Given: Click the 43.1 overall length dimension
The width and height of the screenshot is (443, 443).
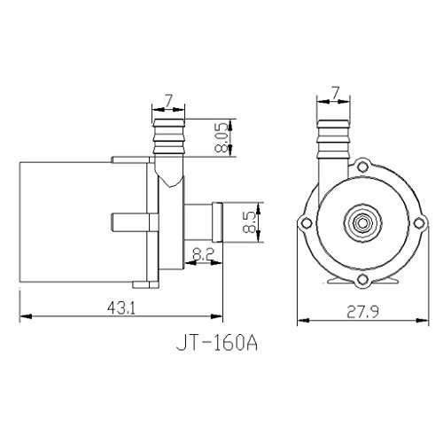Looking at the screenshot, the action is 121,309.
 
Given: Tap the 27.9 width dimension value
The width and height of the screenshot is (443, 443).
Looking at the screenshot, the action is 362,312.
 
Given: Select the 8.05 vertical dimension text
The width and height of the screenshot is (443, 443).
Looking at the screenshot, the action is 222,138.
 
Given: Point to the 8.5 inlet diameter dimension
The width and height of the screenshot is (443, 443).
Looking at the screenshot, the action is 249,222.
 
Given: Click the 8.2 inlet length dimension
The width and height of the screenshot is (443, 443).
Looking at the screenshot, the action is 203,254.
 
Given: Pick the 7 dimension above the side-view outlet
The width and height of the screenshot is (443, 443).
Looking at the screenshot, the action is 168,101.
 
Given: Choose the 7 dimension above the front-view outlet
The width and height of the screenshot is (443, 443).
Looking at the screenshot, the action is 335,93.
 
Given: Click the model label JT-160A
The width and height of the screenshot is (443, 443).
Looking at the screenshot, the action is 217,344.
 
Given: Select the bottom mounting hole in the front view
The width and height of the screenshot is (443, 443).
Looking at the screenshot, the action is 362,279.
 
